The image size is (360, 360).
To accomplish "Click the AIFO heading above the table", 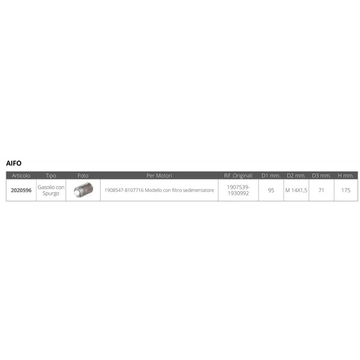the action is [x=14, y=163].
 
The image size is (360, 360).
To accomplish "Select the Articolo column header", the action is [x=21, y=175].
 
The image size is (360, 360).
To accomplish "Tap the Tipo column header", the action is [x=51, y=175].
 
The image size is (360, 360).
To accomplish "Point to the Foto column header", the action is [x=83, y=175].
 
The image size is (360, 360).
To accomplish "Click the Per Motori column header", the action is [x=159, y=175].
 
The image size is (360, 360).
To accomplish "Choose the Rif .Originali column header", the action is [x=238, y=175].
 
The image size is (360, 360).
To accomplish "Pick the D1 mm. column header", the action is [x=271, y=175].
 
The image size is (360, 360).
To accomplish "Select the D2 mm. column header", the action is [x=296, y=175].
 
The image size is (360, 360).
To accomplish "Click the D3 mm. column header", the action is [x=321, y=175].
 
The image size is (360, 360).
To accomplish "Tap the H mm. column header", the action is [x=346, y=175].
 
